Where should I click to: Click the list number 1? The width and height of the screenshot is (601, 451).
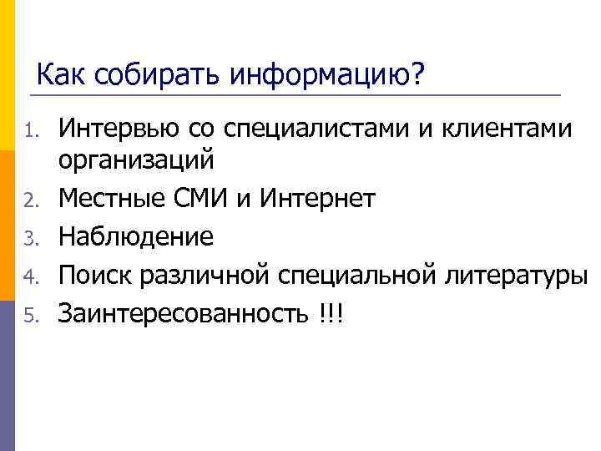coord(30,131)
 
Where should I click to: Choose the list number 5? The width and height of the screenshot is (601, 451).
coord(30,316)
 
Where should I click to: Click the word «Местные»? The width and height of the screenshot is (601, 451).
coord(116,199)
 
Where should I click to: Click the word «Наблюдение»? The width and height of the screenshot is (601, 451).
coord(136,237)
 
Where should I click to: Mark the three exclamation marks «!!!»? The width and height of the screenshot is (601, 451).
coord(331,314)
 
